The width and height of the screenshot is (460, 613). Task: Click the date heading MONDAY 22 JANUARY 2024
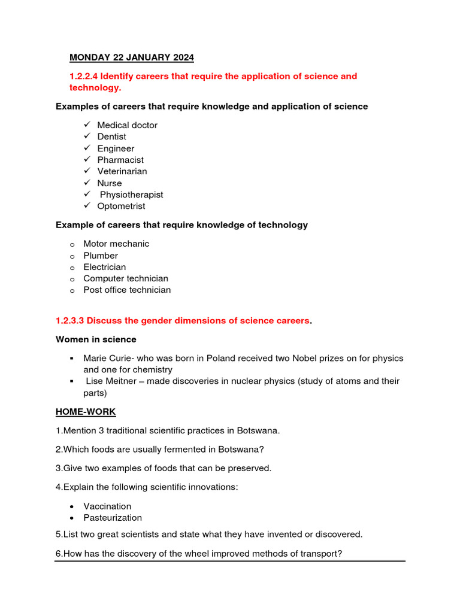click(x=132, y=57)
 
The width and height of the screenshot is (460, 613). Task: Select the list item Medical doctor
click(x=127, y=125)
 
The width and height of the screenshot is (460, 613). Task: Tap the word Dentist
click(x=111, y=136)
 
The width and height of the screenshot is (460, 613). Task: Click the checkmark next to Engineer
click(x=87, y=148)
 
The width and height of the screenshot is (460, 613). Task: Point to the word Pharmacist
click(x=120, y=160)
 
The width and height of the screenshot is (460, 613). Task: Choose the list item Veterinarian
click(x=122, y=171)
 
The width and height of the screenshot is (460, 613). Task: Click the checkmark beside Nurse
click(x=87, y=183)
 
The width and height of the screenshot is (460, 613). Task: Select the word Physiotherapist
click(x=131, y=195)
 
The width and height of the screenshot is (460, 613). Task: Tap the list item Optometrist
click(x=121, y=206)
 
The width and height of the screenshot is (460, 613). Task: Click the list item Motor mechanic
click(x=116, y=244)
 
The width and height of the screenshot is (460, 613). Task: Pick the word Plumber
click(x=101, y=256)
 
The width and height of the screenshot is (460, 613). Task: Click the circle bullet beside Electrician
click(x=72, y=268)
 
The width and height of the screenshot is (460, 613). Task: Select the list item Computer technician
click(x=126, y=278)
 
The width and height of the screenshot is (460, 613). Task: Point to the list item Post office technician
click(x=127, y=290)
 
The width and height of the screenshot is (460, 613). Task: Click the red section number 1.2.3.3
click(x=70, y=321)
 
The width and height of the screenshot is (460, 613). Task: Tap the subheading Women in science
click(x=96, y=339)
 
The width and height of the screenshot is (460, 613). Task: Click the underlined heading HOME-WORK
click(x=86, y=412)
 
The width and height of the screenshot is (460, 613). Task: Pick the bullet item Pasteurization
click(x=113, y=517)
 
